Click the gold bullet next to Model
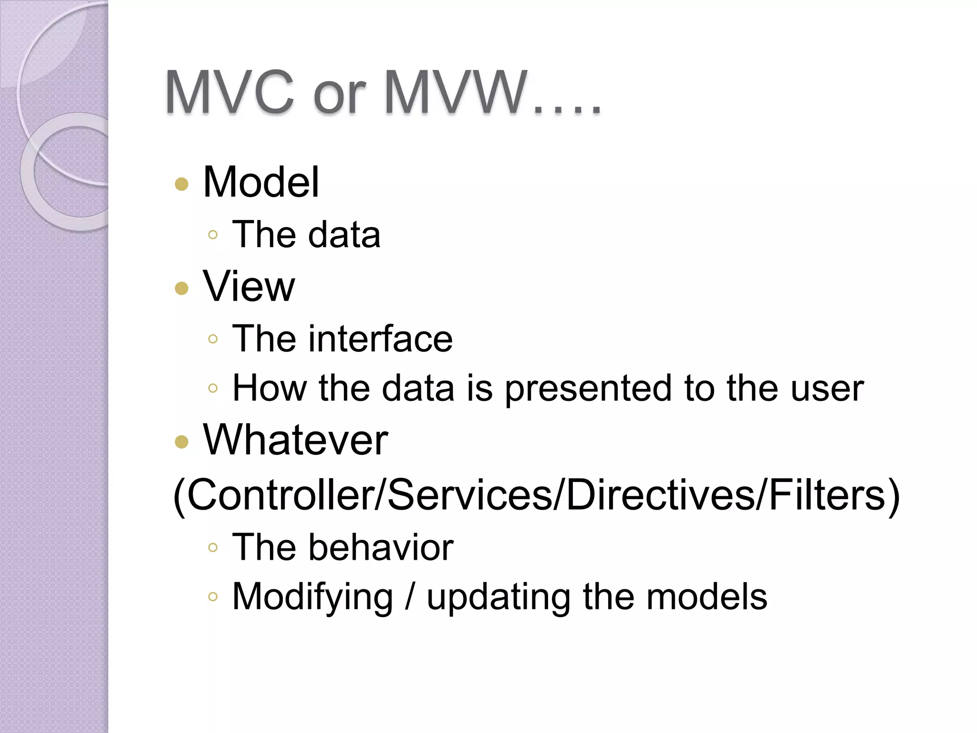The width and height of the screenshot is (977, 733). (x=182, y=184)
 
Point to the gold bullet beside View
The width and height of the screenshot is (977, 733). (x=182, y=288)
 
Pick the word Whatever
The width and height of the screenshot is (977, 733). (x=295, y=440)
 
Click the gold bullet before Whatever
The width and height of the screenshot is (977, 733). (x=182, y=442)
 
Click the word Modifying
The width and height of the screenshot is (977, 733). (x=312, y=597)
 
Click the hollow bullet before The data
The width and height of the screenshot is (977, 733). (x=213, y=235)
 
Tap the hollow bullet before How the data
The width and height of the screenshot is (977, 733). (x=213, y=388)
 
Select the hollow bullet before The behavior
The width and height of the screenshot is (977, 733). (x=213, y=548)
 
